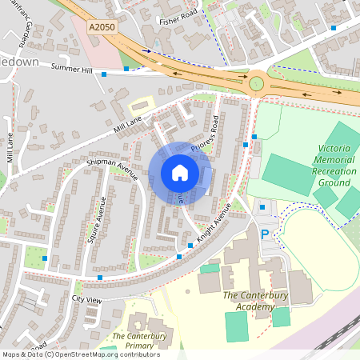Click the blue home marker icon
180,173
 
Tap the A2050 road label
102,26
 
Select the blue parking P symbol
265,234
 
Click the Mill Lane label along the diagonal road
128,123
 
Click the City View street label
87,298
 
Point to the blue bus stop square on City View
99,277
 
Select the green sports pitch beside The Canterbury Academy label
237,326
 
